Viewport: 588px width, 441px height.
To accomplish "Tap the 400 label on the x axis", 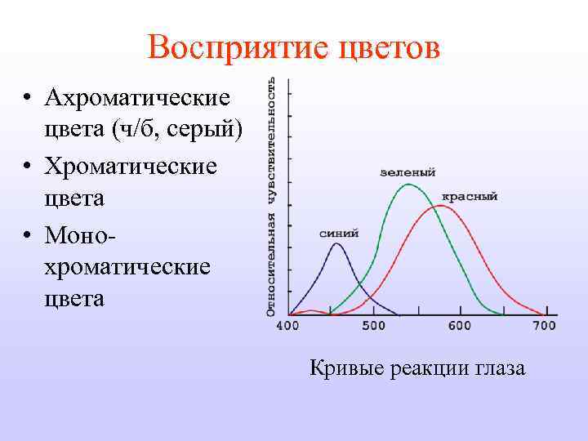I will [288, 326].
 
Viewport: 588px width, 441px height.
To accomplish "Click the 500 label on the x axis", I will [373, 326].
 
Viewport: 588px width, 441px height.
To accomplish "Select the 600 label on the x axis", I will [459, 326].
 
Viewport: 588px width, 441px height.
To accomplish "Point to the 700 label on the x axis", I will [543, 326].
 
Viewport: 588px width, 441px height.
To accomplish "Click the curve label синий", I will [339, 233].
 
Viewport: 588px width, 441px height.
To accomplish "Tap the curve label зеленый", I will [408, 172].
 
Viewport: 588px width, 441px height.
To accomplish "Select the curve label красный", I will [470, 197].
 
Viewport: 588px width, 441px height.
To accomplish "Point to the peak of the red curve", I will [442, 206].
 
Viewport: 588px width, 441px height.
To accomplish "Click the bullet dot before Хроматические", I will [27, 166].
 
